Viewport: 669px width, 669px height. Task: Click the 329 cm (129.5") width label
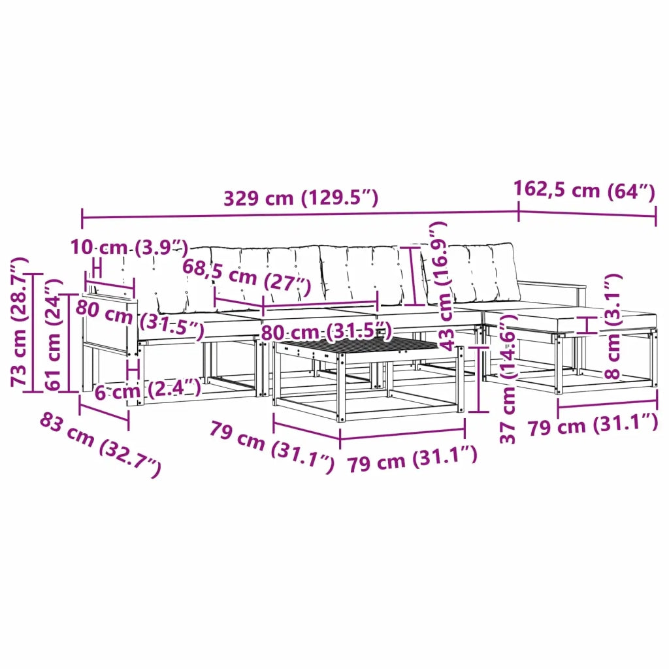pos(301,198)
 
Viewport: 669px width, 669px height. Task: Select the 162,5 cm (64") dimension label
pos(584,190)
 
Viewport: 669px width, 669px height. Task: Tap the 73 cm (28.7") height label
pos(19,322)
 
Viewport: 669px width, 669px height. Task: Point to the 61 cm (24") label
pos(54,335)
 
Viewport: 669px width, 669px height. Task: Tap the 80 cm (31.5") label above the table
pos(326,331)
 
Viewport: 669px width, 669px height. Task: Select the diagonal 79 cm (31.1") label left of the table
pos(272,446)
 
